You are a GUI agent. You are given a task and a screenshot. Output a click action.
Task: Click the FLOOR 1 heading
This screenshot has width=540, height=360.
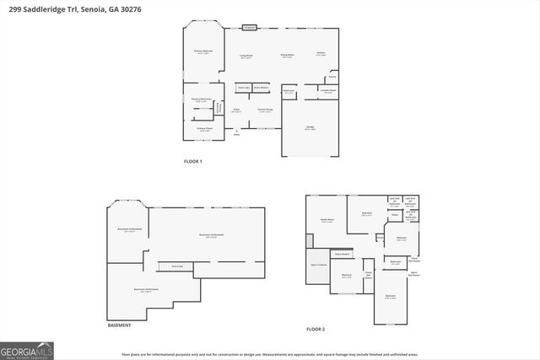pos(192,161)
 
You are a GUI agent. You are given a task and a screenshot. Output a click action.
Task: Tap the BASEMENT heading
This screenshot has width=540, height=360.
pos(119,325)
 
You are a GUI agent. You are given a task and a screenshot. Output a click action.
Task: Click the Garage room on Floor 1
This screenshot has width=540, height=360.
pos(310,127)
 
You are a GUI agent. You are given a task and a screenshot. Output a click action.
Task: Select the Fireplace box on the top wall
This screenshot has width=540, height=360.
pos(249,28)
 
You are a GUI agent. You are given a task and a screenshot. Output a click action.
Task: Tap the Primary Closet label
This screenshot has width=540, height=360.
pos(204,129)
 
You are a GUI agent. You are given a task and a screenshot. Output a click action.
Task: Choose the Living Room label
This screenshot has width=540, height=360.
pos(246,56)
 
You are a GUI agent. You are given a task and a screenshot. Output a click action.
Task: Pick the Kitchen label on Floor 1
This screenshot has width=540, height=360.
pos(321,53)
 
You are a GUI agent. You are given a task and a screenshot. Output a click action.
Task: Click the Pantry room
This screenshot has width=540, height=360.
pos(332,76)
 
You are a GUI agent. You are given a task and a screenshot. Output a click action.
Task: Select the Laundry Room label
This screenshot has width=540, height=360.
pos(327,89)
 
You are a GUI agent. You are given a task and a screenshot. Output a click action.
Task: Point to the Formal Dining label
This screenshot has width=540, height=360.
pos(265,110)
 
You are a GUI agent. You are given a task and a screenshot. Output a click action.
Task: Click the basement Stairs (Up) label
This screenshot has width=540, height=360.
pos(176,266)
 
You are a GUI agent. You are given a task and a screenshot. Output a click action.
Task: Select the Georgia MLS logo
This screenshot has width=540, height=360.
pos(27,349)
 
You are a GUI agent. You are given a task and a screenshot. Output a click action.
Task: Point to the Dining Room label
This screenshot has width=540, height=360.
pos(287,55)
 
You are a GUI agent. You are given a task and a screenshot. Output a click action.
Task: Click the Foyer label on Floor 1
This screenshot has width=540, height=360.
pos(237,110)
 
